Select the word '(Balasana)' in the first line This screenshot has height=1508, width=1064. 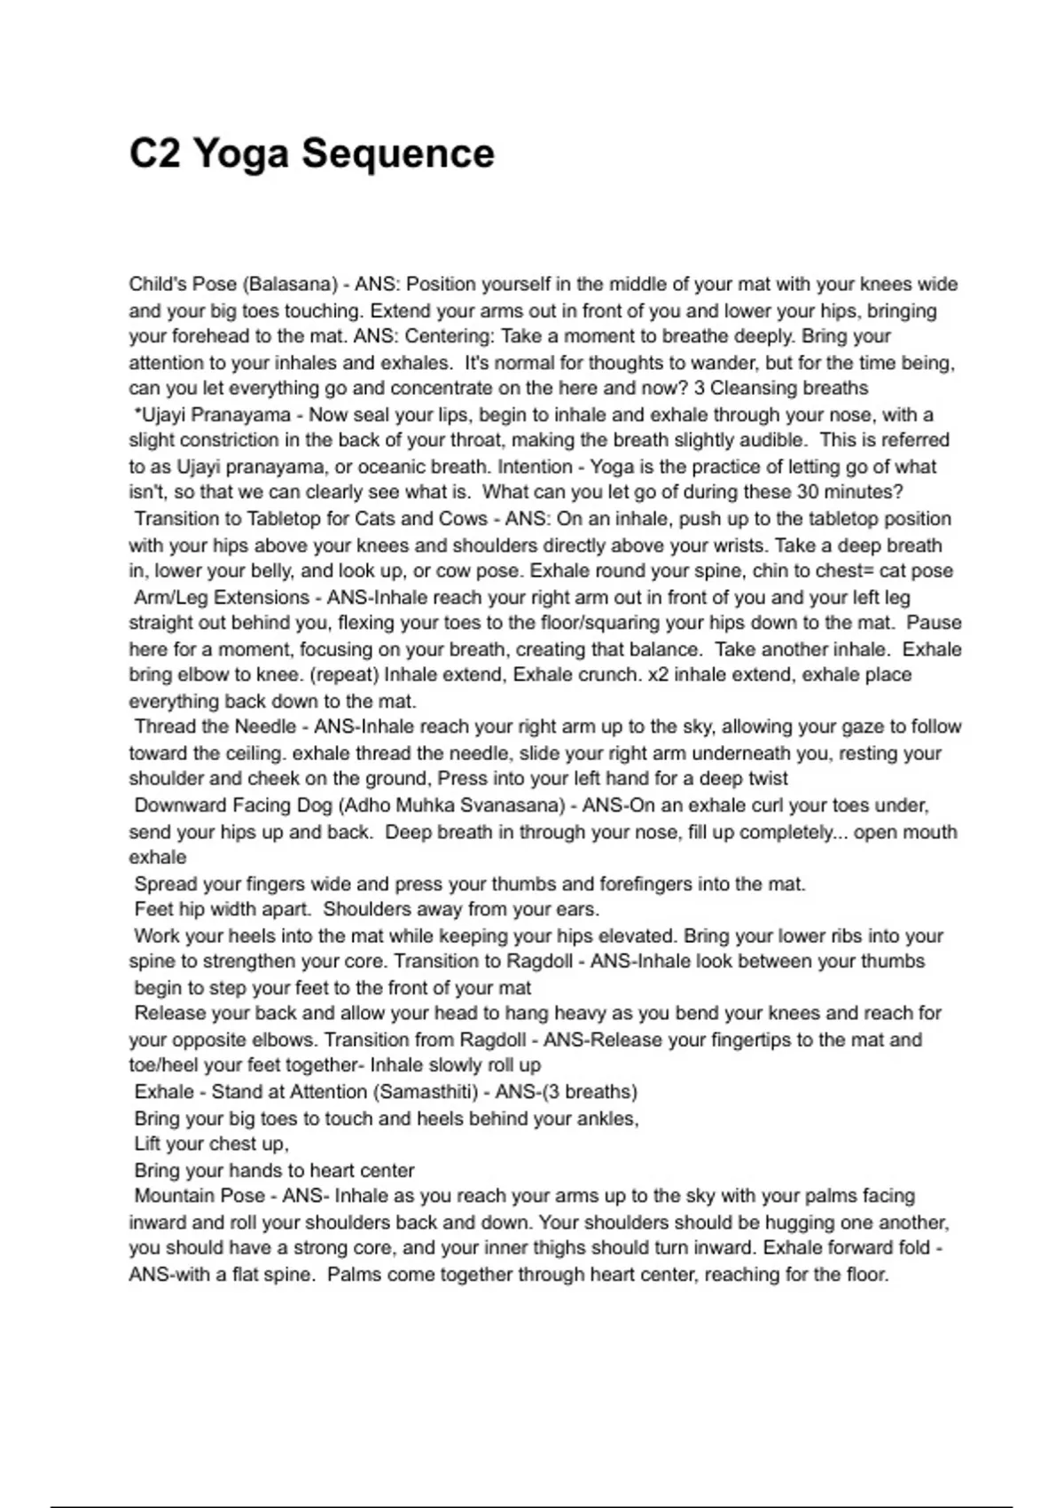click(x=290, y=285)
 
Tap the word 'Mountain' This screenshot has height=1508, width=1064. click(x=174, y=1197)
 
